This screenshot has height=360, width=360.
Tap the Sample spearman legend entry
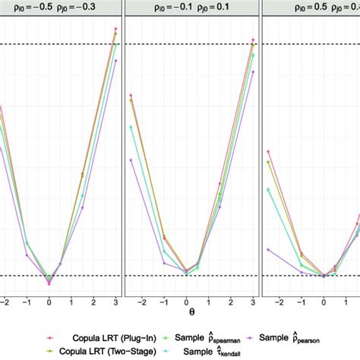(208, 336)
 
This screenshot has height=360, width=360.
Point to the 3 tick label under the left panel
(115, 299)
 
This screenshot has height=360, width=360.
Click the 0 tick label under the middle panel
(187, 299)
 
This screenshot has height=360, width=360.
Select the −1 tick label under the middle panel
(163, 299)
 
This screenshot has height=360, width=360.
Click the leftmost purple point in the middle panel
(131, 160)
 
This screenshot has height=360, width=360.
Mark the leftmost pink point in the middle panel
(131, 96)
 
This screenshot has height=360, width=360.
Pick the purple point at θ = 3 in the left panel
(115, 61)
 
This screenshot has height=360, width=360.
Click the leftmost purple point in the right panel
(268, 248)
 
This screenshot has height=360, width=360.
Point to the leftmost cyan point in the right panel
(268, 190)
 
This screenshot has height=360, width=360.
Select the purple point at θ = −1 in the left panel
(27, 244)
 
